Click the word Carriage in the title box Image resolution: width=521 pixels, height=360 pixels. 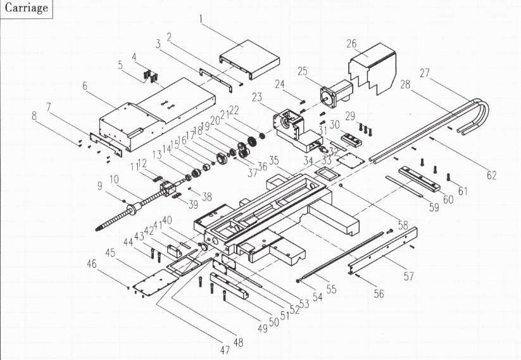(26, 8)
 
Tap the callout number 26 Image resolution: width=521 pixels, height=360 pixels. (351, 44)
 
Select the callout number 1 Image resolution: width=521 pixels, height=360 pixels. (201, 18)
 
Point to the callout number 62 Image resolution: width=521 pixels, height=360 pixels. (491, 175)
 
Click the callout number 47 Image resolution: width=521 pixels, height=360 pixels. (225, 350)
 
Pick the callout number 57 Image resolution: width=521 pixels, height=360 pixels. (409, 276)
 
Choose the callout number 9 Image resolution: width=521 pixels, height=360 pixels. (99, 186)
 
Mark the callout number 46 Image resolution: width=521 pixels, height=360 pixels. (92, 264)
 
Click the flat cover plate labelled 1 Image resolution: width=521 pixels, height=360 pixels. (249, 59)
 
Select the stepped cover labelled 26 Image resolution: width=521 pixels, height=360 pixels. (372, 69)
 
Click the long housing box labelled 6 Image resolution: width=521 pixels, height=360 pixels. (158, 115)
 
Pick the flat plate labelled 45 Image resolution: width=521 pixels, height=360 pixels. (156, 282)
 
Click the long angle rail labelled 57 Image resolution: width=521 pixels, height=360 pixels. (382, 251)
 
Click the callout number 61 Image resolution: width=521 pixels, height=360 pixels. (463, 191)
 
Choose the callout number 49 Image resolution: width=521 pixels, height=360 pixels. (263, 328)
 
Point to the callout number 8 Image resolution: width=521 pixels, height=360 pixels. (34, 116)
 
